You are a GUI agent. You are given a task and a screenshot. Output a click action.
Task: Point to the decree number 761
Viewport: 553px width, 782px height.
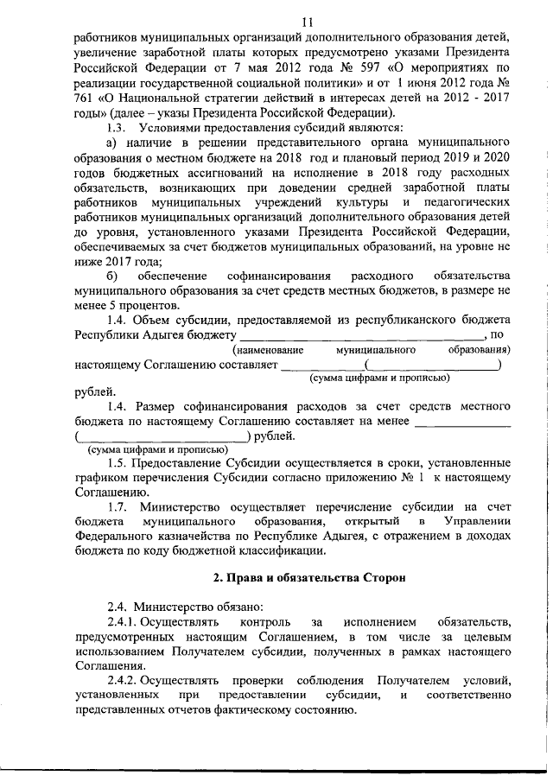[x=87, y=99]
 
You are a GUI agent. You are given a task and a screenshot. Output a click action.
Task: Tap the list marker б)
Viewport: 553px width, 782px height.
[x=111, y=275]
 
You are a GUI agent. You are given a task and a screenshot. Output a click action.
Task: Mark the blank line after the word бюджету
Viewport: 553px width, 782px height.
[x=360, y=334]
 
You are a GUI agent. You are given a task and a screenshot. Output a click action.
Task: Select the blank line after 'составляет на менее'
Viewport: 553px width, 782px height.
[x=462, y=422]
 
